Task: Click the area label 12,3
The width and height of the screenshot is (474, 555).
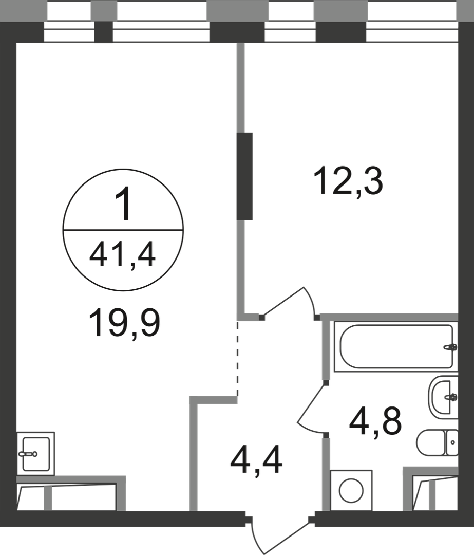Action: click(x=348, y=182)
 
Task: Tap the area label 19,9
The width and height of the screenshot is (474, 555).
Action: click(x=124, y=323)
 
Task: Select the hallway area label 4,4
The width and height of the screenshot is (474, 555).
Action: click(x=256, y=460)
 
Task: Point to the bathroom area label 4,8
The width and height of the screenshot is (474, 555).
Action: click(x=375, y=421)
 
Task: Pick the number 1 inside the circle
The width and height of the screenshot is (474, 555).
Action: click(x=123, y=205)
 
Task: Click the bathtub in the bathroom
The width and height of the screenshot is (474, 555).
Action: click(x=396, y=346)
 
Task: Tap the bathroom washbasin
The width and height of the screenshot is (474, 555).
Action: click(x=443, y=397)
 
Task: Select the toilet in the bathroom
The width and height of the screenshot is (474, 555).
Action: click(x=437, y=442)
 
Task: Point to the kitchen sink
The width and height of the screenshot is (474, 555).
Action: click(x=36, y=453)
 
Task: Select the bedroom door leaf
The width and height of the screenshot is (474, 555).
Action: click(x=283, y=301)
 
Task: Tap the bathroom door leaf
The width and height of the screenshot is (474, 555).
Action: click(x=311, y=403)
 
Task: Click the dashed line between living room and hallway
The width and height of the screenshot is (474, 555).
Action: click(x=238, y=358)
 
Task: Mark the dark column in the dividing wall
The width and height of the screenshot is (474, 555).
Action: click(x=244, y=176)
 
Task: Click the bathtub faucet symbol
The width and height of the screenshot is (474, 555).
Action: click(x=450, y=347)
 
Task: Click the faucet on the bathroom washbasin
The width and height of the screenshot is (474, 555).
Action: click(x=451, y=397)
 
